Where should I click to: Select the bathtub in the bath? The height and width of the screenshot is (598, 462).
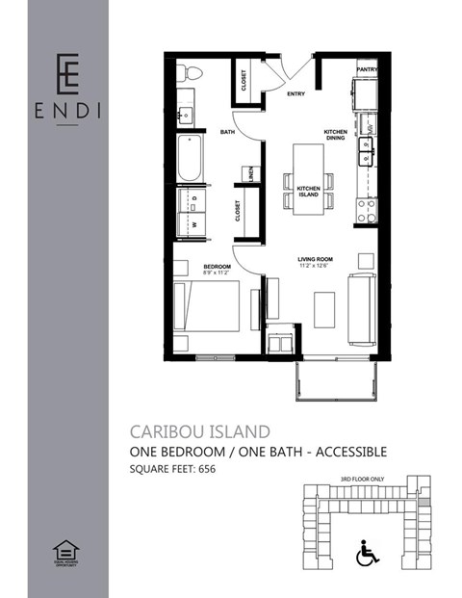(x=190, y=158)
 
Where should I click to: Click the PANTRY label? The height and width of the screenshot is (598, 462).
(x=366, y=70)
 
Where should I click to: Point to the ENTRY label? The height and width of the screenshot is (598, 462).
(x=297, y=95)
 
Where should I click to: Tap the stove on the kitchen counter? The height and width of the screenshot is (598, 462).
(x=367, y=208)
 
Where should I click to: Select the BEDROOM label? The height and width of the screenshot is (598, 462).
(x=217, y=266)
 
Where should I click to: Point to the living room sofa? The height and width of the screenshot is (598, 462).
(x=363, y=308)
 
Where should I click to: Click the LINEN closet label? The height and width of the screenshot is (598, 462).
(x=250, y=172)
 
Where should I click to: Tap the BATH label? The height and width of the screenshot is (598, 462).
(x=228, y=131)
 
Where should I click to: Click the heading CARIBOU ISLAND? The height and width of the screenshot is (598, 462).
(x=199, y=430)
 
